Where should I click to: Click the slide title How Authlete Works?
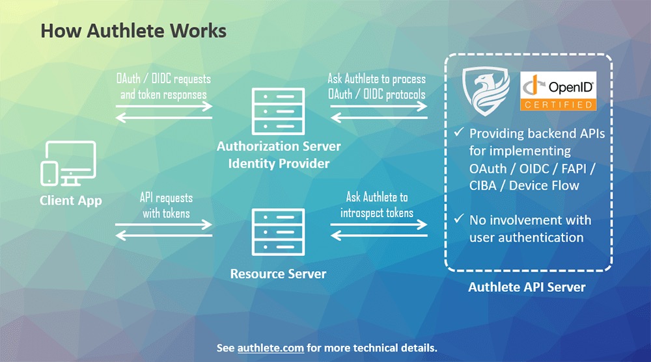point(133,31)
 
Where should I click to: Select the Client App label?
point(71,200)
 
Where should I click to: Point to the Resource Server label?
point(278,274)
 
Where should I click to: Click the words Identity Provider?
point(279,162)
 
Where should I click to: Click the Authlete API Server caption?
point(527,287)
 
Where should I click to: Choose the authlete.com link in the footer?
point(270,348)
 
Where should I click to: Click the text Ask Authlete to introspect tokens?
point(376,205)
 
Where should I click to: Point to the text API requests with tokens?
point(166,205)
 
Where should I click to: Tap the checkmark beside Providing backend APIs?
point(458,133)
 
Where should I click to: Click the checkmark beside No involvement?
point(458,220)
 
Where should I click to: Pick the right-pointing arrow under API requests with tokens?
point(164,224)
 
